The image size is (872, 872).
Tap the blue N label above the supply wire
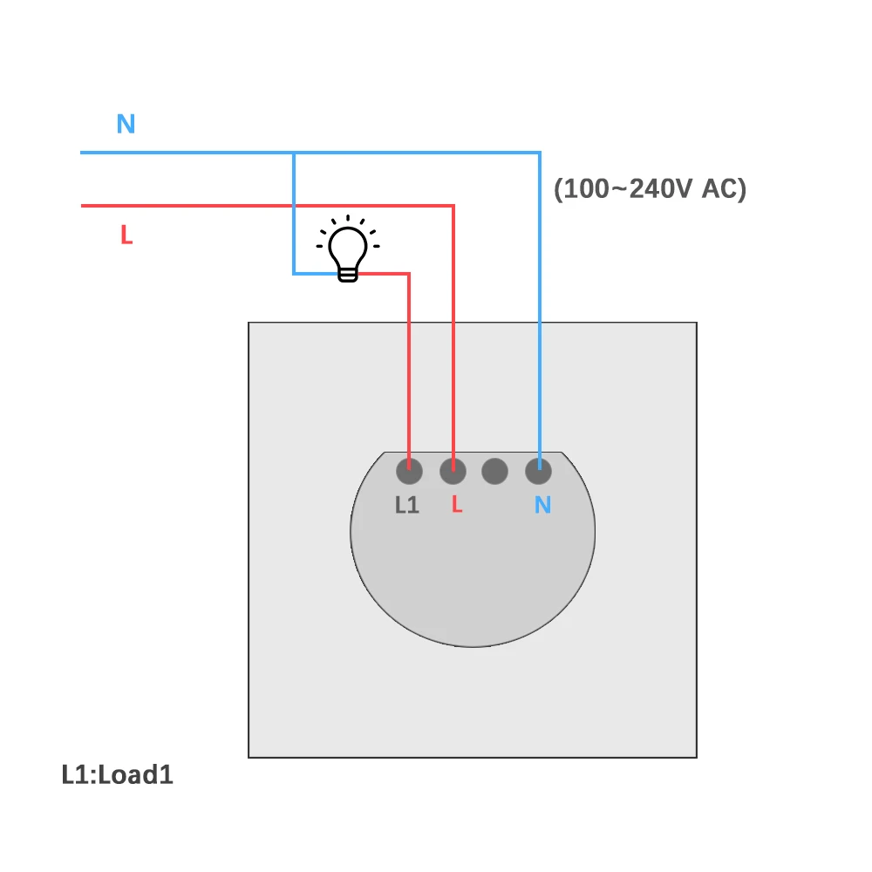pos(126,124)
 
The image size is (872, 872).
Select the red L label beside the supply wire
pos(126,235)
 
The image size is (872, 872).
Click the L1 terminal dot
pos(409,472)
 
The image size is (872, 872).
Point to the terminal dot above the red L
pos(452,472)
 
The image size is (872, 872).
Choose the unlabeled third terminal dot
pos(494,472)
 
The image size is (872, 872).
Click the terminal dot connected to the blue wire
pos(538,472)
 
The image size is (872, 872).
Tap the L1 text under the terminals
pos(407,505)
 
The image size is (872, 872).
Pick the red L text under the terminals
pos(456,505)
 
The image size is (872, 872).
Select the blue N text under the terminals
pos(542,505)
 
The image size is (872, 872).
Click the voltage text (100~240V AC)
pos(651,189)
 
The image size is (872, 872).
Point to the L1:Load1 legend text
pos(118,774)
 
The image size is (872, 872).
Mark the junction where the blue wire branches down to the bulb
pos(294,153)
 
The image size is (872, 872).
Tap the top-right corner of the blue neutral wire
pos(539,153)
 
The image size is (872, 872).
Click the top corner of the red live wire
pos(453,207)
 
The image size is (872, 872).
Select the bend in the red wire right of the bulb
pos(409,274)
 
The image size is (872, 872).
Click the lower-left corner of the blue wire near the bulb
pos(294,274)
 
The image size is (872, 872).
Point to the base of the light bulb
pos(348,275)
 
